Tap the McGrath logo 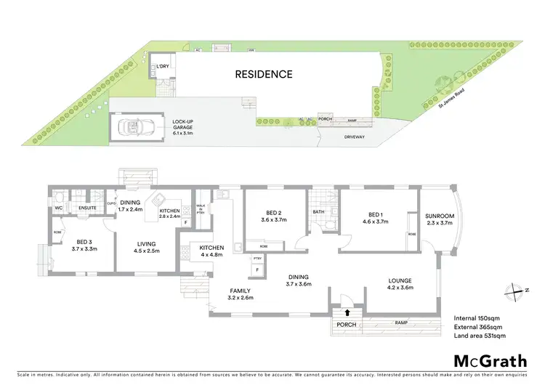pos(485,361)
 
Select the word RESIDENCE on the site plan pos(263,74)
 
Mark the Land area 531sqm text pos(479,336)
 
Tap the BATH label pos(318,212)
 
